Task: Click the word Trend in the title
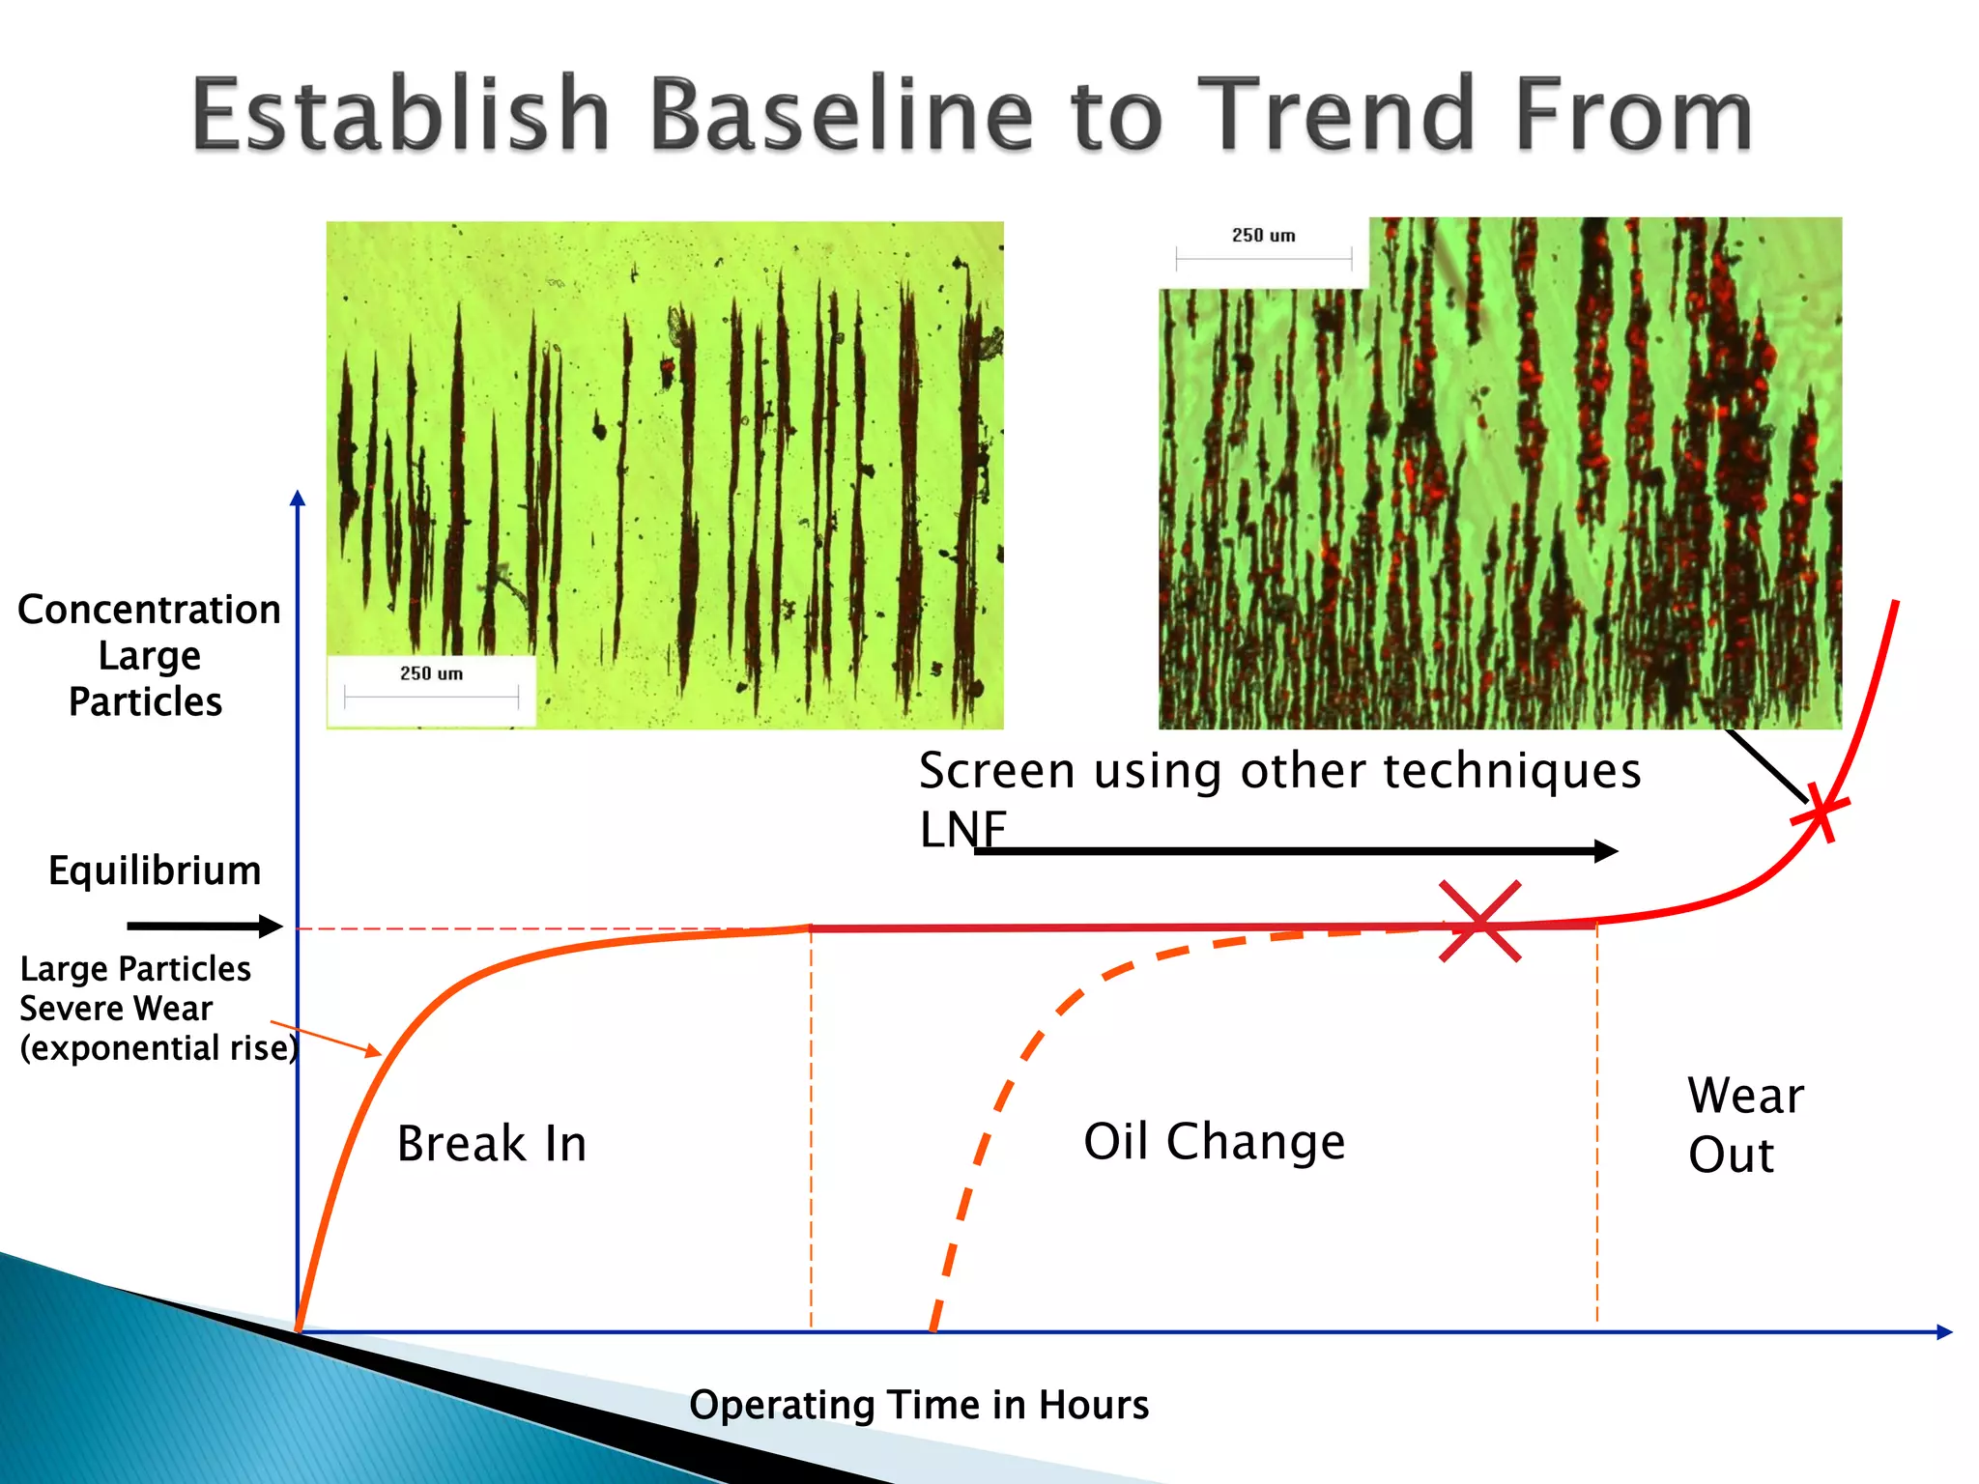pyautogui.click(x=1343, y=114)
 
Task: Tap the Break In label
pyautogui.click(x=492, y=1144)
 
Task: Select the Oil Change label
pyautogui.click(x=1215, y=1142)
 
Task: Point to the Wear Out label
pyautogui.click(x=1745, y=1126)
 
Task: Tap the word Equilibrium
pyautogui.click(x=155, y=871)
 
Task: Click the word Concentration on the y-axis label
pyautogui.click(x=149, y=610)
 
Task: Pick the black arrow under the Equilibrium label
pyautogui.click(x=205, y=927)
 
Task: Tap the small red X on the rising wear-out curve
pyautogui.click(x=1821, y=812)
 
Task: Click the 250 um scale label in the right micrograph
pyautogui.click(x=1263, y=236)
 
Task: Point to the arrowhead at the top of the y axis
pyautogui.click(x=298, y=497)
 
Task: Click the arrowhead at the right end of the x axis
pyautogui.click(x=1945, y=1332)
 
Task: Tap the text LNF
pyautogui.click(x=962, y=829)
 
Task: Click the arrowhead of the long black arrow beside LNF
pyautogui.click(x=1606, y=851)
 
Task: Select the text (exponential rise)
pyautogui.click(x=159, y=1049)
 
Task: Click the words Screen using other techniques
pyautogui.click(x=1279, y=772)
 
